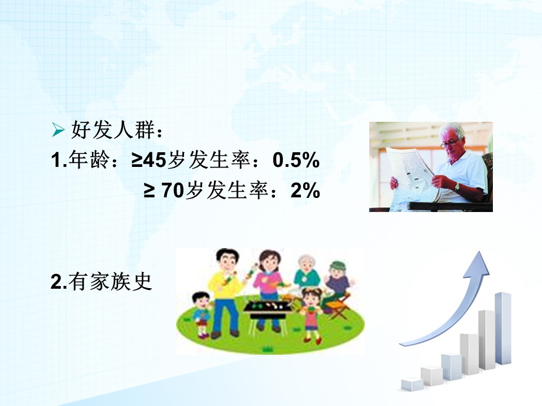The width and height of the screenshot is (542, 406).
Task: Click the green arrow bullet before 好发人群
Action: (58, 130)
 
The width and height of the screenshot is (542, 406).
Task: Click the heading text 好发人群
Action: (112, 130)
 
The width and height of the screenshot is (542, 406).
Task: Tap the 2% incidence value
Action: (305, 190)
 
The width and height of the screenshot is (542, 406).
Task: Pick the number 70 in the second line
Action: (172, 190)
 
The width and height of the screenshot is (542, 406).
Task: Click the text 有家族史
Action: (110, 281)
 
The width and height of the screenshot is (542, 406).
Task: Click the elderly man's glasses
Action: (449, 142)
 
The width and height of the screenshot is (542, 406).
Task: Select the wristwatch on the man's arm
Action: (457, 187)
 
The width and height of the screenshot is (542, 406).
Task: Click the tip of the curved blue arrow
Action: (480, 251)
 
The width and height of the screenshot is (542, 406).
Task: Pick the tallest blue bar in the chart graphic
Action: (502, 329)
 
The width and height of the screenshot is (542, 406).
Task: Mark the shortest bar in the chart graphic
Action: (412, 384)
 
